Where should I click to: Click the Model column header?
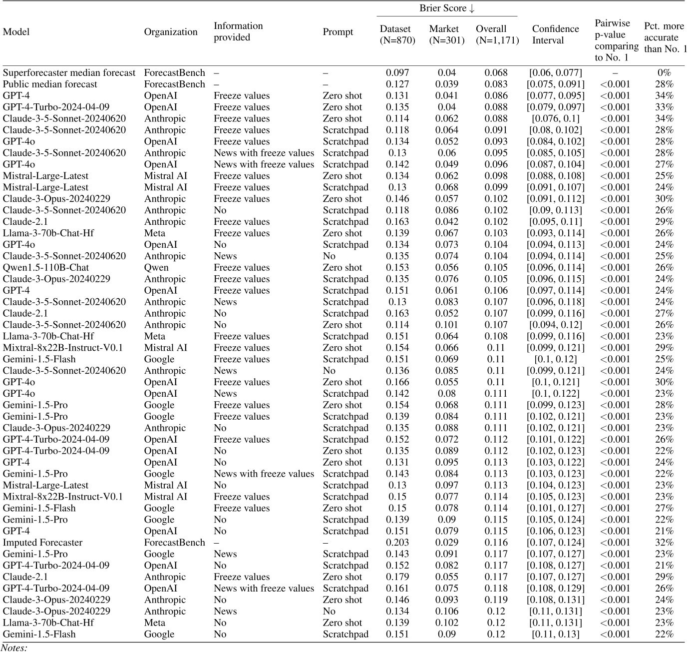tap(16, 32)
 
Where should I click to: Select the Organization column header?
tap(171, 32)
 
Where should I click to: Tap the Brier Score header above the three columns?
tap(447, 8)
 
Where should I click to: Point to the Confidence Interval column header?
tap(555, 35)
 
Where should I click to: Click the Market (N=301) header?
tap(447, 35)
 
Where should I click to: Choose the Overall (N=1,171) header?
tap(497, 35)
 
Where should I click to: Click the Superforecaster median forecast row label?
tap(69, 73)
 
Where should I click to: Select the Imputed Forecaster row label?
tap(42, 543)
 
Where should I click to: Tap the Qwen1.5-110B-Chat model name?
tap(46, 268)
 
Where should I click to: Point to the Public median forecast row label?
tap(50, 84)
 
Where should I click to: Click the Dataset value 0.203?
tap(397, 543)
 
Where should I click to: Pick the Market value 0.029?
tap(447, 543)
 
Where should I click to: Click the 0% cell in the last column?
tap(664, 73)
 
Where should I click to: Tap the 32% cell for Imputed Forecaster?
tap(664, 543)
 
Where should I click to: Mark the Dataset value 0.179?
tap(397, 577)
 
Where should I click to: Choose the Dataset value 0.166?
tap(397, 382)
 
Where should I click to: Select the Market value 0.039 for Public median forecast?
tap(447, 84)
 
